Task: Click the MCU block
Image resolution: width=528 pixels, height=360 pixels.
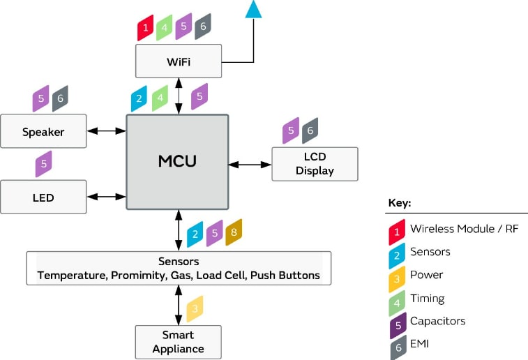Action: coord(177,161)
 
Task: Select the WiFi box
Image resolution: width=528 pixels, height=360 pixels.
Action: coord(179,61)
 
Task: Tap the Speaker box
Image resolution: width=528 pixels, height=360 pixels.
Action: coord(43,131)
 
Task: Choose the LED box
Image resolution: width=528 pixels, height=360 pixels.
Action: coord(43,197)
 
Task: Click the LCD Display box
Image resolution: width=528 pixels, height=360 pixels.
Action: coord(315,164)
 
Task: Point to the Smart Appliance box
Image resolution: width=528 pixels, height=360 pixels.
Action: coord(178,342)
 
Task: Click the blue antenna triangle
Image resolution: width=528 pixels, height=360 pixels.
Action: coord(253,8)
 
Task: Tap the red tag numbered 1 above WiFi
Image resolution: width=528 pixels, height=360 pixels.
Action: coord(145,27)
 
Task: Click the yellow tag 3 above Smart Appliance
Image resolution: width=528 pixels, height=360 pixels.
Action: coord(195,308)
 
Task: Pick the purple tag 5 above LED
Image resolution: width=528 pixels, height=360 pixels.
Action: coord(43,164)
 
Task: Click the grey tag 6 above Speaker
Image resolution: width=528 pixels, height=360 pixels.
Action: coord(61,98)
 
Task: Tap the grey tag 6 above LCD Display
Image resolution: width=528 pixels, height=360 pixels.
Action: coord(310,130)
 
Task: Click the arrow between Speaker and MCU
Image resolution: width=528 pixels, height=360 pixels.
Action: coord(106,130)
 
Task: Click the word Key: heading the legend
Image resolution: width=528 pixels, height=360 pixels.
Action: coord(400,203)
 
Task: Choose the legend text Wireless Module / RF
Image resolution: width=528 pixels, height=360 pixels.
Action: coord(464,228)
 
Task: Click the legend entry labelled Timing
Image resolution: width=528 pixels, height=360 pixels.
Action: coord(427,298)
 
